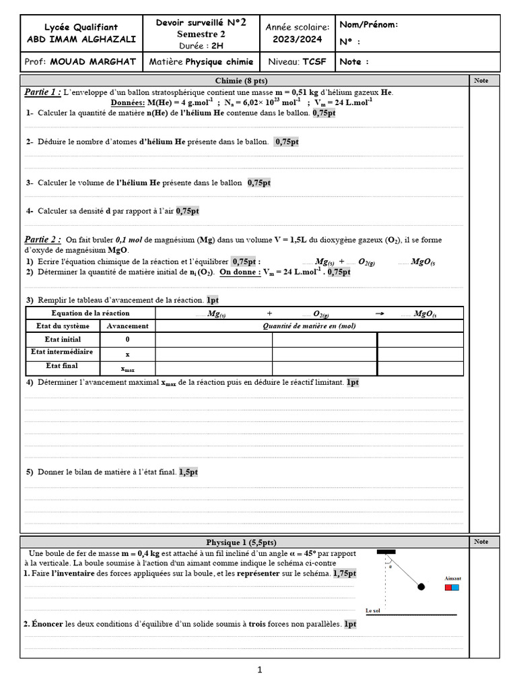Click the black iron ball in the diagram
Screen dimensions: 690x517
[x=421, y=586]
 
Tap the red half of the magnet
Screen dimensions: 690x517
[x=448, y=588]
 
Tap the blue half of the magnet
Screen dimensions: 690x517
[x=456, y=588]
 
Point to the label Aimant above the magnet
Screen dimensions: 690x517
[x=453, y=578]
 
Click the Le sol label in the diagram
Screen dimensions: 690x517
[x=373, y=610]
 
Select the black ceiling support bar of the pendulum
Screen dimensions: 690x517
[x=386, y=552]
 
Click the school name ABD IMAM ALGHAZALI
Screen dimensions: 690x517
[x=81, y=39]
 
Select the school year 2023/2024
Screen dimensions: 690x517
[x=298, y=39]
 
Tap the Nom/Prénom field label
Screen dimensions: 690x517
[x=369, y=25]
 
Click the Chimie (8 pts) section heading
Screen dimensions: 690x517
[x=244, y=81]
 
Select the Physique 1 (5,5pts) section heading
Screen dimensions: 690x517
[x=240, y=542]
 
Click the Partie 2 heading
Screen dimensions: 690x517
[x=42, y=239]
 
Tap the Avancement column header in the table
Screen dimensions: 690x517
[x=128, y=325]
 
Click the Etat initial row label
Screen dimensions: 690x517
[x=63, y=340]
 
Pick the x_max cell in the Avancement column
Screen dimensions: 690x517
[x=128, y=368]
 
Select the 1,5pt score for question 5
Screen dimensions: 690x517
[x=188, y=472]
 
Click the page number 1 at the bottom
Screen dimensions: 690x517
[x=259, y=669]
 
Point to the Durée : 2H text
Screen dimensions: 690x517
[x=201, y=46]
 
